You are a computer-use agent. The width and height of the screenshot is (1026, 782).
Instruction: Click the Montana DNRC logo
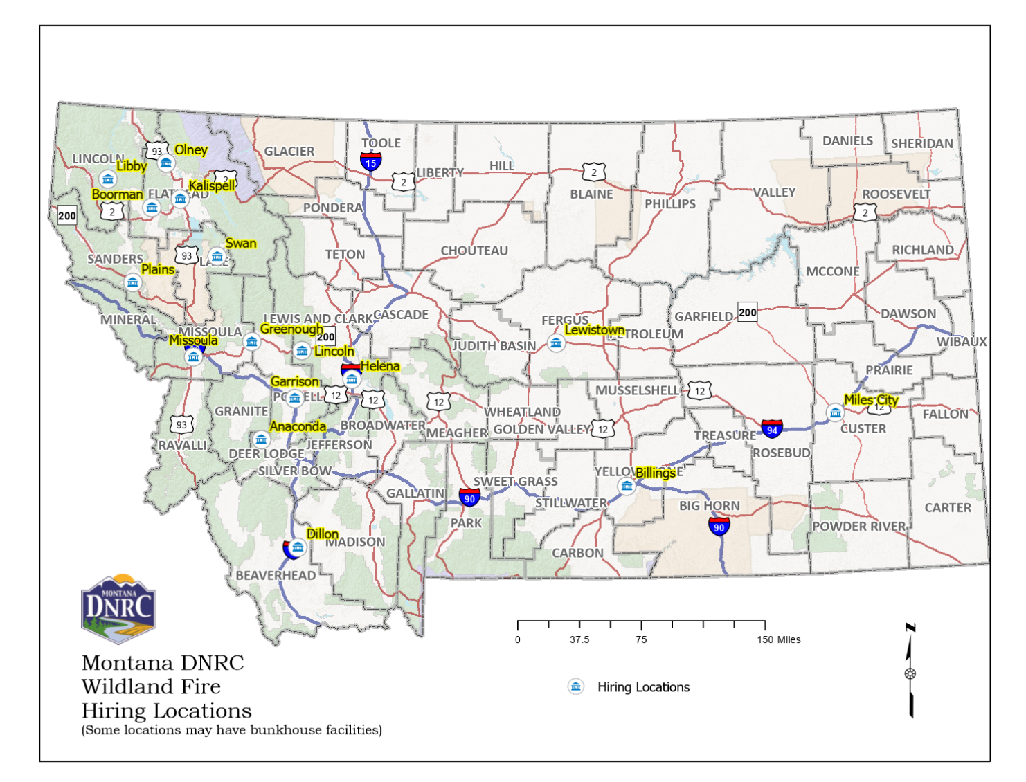(118, 610)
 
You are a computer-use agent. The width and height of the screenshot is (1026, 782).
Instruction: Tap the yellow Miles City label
(871, 400)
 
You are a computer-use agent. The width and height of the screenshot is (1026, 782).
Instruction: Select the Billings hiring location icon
(627, 486)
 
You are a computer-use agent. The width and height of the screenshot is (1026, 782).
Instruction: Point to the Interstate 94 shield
(772, 429)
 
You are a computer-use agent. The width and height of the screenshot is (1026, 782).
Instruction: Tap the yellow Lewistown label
(595, 330)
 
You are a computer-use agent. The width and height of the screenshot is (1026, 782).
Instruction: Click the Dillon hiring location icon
(298, 547)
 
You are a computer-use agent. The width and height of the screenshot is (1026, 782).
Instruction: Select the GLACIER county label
(289, 151)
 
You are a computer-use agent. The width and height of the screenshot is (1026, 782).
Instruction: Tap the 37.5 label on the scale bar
(579, 639)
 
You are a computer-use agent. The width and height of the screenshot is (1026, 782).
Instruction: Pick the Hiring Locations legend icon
(575, 686)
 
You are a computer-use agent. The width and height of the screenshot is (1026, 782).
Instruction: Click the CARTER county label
(948, 508)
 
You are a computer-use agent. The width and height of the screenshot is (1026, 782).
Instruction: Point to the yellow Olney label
(190, 150)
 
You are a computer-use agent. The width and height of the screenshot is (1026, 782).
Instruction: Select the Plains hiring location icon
(132, 282)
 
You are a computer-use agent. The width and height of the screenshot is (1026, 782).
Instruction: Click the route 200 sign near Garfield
(748, 312)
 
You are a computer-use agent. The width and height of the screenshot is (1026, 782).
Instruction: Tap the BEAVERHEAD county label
(276, 575)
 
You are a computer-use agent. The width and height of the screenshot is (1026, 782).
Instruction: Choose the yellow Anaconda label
(298, 426)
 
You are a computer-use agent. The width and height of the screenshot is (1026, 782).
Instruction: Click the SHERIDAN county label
(921, 143)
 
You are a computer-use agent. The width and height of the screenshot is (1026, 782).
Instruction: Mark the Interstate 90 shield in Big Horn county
(719, 527)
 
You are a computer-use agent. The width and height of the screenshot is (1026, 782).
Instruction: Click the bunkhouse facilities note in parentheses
(232, 730)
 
